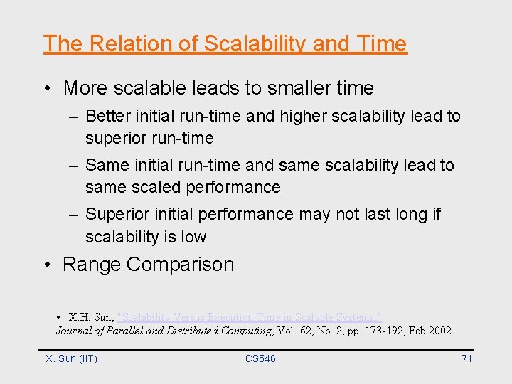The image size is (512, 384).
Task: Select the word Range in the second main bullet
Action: [92, 265]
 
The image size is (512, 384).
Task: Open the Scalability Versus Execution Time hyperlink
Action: [250, 316]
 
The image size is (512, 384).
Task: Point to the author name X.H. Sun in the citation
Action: [91, 316]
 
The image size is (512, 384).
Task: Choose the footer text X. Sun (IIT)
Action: [72, 358]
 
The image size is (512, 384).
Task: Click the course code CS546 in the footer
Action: [260, 358]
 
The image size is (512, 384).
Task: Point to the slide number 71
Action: [466, 358]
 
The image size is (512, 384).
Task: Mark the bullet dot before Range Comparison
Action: [47, 265]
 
